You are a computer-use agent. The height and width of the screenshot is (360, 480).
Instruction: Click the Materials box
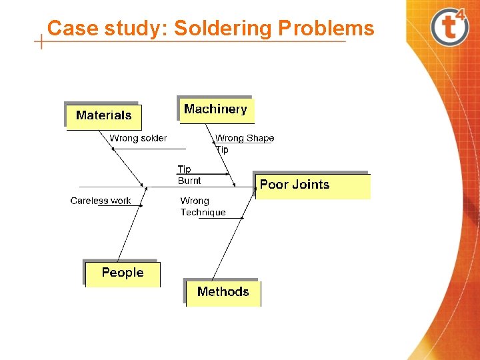point(104,115)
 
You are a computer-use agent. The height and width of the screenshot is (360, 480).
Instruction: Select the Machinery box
point(215,109)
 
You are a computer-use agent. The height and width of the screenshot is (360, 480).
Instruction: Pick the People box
point(123,273)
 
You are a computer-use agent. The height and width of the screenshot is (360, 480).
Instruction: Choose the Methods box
point(223,292)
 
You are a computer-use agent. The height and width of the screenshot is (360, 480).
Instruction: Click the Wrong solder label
point(138,138)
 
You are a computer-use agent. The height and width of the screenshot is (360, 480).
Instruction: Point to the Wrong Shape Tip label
point(244,143)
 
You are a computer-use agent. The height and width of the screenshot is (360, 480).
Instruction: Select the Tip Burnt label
point(189,175)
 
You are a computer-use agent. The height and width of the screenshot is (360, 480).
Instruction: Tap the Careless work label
point(101,201)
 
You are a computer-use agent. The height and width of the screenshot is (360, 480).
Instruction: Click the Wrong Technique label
point(203,207)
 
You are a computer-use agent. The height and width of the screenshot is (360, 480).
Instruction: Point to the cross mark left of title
point(42,41)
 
